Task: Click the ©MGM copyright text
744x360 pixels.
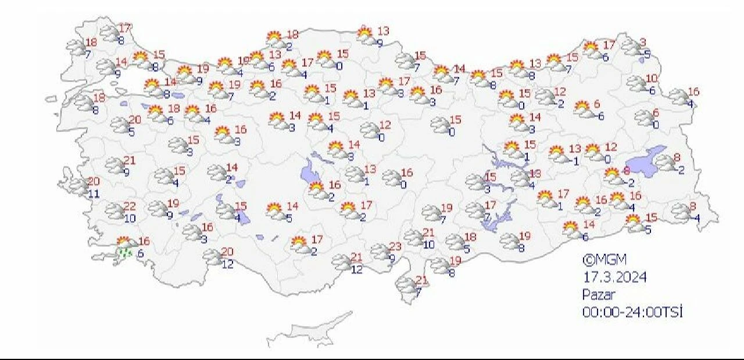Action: (x=604, y=259)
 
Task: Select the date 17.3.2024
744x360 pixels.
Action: (x=615, y=277)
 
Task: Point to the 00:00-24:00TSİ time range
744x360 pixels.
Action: (x=632, y=312)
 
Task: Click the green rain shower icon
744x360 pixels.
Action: (x=124, y=253)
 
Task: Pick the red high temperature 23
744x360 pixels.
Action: (x=395, y=246)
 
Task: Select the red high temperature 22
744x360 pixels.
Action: (x=130, y=207)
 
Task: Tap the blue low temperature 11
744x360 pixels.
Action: (x=94, y=193)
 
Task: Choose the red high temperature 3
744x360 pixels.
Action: (x=643, y=42)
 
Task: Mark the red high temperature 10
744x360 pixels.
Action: (x=652, y=78)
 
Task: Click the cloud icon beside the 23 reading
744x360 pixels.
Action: (x=380, y=252)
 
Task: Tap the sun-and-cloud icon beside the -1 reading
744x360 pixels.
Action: (x=557, y=154)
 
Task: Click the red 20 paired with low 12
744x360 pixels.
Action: (x=227, y=251)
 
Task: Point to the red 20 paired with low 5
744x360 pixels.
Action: (x=135, y=120)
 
